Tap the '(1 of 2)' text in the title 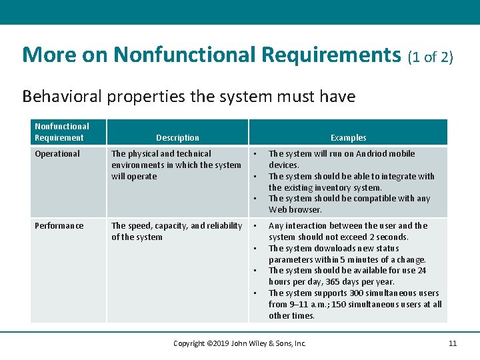pos(430,57)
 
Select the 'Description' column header pos(177,138)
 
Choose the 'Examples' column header pos(348,138)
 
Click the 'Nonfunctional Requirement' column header pos(61,132)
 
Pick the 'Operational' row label pos(57,154)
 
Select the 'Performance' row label pos(59,226)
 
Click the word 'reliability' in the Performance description pos(226,226)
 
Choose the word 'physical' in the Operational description pos(144,154)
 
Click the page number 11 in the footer pos(453,343)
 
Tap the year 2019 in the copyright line pos(219,343)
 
